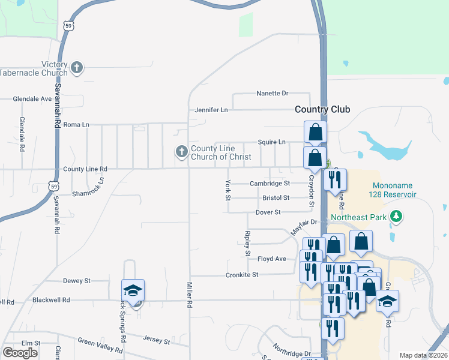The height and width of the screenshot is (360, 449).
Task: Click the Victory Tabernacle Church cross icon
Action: click(77, 67)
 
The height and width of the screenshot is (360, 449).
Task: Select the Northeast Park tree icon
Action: click(396, 217)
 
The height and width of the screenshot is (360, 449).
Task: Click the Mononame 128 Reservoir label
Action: click(394, 190)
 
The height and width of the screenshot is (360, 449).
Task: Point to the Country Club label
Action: click(322, 109)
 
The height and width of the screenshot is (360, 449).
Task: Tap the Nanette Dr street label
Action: click(273, 93)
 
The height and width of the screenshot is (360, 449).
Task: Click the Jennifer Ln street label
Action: click(211, 110)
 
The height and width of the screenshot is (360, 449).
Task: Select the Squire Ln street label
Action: click(271, 142)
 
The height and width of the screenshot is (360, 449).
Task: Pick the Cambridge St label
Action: click(270, 183)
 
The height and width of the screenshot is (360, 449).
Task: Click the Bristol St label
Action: click(276, 197)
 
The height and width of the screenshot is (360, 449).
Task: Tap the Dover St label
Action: click(268, 212)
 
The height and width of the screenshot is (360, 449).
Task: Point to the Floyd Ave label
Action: click(271, 259)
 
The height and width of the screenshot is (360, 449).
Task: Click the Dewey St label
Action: click(76, 280)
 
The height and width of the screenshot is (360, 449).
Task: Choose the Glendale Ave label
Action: click(33, 98)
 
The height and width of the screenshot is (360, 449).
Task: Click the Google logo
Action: click(20, 353)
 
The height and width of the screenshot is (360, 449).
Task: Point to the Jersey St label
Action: click(156, 339)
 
